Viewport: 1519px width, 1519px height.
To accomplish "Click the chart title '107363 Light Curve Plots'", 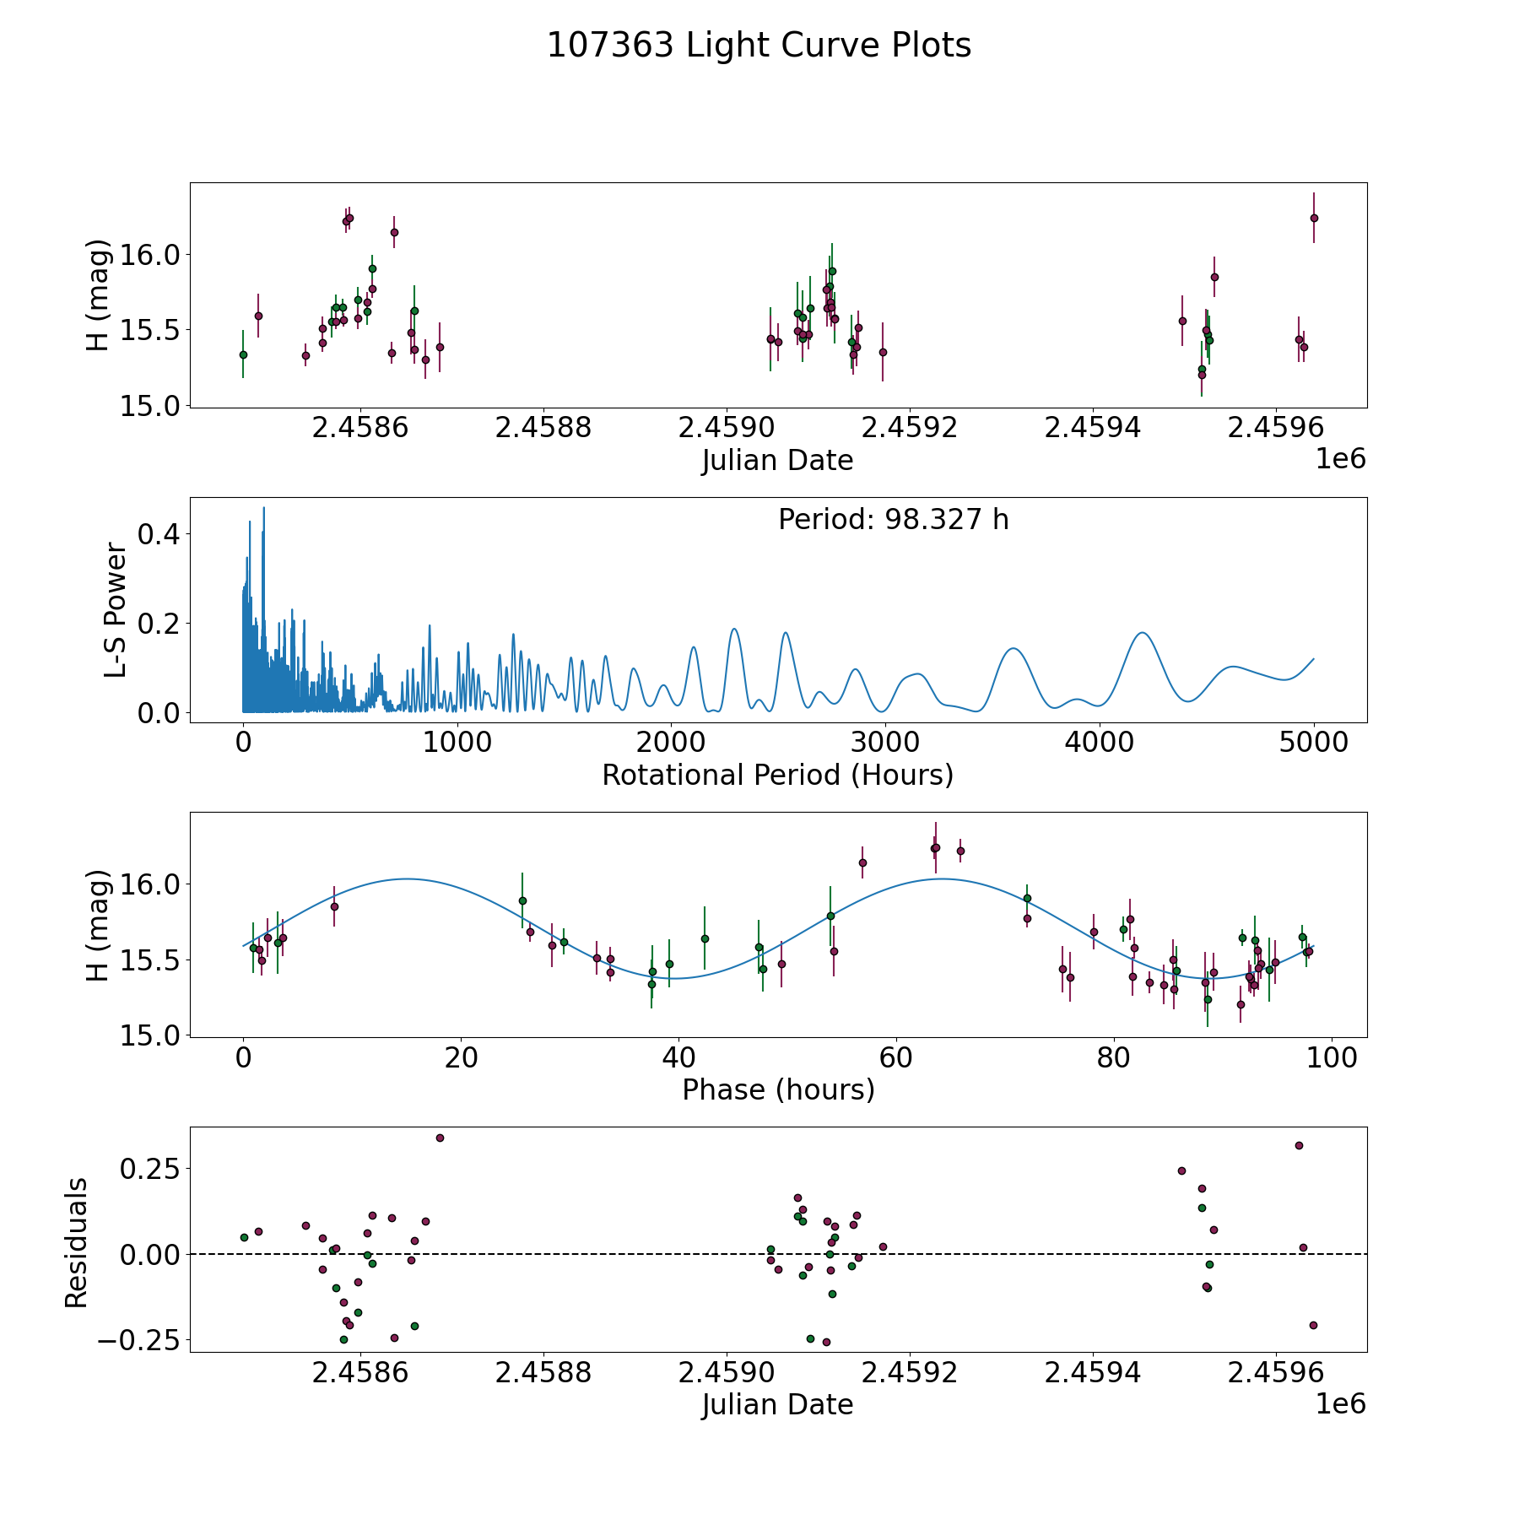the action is (x=759, y=46).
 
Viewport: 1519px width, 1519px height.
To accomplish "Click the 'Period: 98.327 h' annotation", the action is (x=893, y=520).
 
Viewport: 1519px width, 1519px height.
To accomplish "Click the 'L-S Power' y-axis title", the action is (x=116, y=610).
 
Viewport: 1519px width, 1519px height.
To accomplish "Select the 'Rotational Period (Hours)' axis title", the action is (x=777, y=775).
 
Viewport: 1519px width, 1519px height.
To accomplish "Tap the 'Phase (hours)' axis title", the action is (x=778, y=1089).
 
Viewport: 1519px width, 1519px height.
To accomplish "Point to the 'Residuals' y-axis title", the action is (x=76, y=1243).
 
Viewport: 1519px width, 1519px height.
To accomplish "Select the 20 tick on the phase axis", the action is (x=461, y=1057).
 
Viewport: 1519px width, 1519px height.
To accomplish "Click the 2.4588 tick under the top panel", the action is (x=543, y=428).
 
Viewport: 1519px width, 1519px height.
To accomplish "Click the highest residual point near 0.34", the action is (x=440, y=1138).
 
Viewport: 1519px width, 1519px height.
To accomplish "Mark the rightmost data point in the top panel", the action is (x=1314, y=218).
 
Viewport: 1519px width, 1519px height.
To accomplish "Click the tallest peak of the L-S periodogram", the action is (x=263, y=507).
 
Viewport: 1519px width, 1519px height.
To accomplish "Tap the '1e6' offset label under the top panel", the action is (x=1340, y=459).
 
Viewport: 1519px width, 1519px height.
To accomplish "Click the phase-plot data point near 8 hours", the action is (x=334, y=906).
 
